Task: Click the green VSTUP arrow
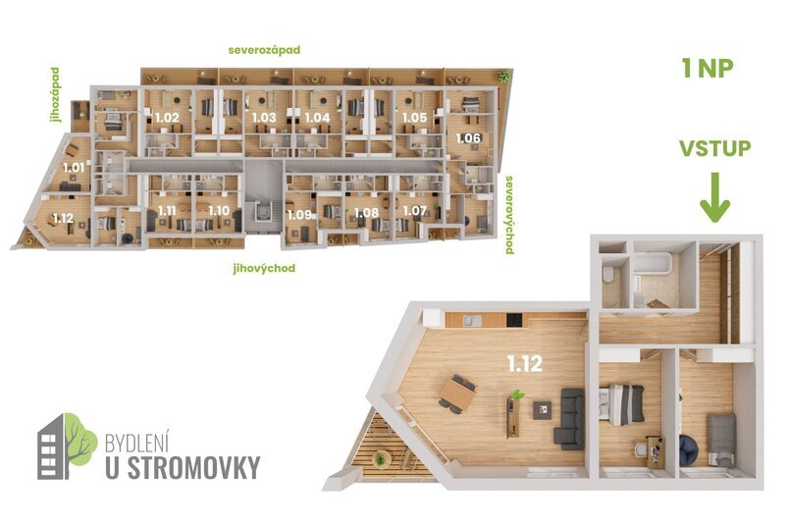tap(714, 199)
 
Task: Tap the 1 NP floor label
tap(707, 69)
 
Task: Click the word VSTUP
tap(714, 149)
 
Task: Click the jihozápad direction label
tap(56, 95)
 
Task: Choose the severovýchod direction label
tap(510, 215)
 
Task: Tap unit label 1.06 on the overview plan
tap(468, 138)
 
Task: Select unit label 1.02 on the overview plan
tap(167, 118)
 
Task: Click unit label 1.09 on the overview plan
tap(298, 214)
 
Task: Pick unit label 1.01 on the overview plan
tap(72, 167)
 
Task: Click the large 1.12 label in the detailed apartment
tap(525, 363)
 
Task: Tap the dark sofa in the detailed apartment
tap(569, 419)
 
